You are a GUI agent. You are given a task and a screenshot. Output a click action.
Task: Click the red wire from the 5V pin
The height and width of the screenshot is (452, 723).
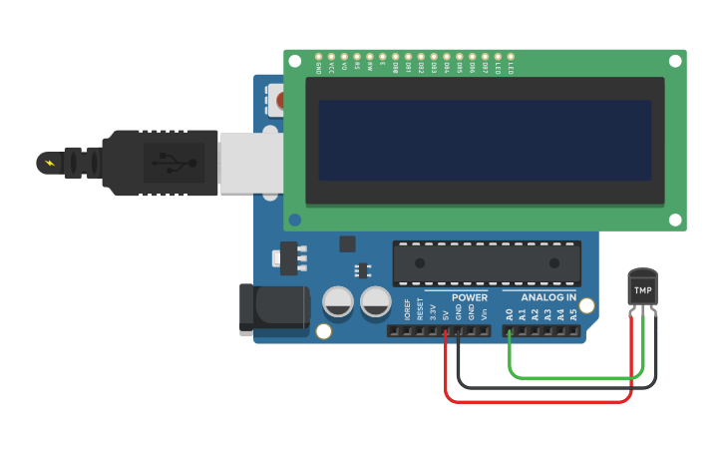pyautogui.click(x=539, y=402)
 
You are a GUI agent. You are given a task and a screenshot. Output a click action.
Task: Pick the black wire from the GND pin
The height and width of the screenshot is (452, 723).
pyautogui.click(x=548, y=387)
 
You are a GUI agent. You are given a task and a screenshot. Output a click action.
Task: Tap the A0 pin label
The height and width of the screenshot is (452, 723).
pyautogui.click(x=509, y=313)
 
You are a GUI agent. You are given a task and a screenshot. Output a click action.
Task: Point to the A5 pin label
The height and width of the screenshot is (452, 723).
pyautogui.click(x=573, y=313)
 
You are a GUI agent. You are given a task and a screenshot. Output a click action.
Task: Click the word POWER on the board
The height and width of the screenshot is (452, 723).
pyautogui.click(x=469, y=297)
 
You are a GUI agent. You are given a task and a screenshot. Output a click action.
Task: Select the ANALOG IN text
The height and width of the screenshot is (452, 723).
pyautogui.click(x=547, y=297)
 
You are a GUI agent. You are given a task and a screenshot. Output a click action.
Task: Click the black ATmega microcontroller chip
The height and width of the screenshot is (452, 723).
pyautogui.click(x=486, y=262)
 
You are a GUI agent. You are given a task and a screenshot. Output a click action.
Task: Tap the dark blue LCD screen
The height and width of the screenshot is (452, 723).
pyautogui.click(x=485, y=140)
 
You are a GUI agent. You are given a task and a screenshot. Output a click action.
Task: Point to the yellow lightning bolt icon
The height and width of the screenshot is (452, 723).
pyautogui.click(x=48, y=163)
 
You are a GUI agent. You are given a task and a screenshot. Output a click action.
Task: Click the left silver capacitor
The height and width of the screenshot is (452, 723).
pyautogui.click(x=338, y=301)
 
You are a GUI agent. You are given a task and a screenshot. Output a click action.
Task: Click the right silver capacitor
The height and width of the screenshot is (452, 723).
pyautogui.click(x=376, y=301)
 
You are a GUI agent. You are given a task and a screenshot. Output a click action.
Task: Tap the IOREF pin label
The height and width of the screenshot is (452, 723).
pyautogui.click(x=407, y=309)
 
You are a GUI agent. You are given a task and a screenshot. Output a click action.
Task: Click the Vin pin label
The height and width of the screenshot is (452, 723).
pyautogui.click(x=485, y=312)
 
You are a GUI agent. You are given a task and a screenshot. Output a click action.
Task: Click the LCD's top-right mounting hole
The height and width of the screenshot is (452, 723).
pyautogui.click(x=675, y=61)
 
